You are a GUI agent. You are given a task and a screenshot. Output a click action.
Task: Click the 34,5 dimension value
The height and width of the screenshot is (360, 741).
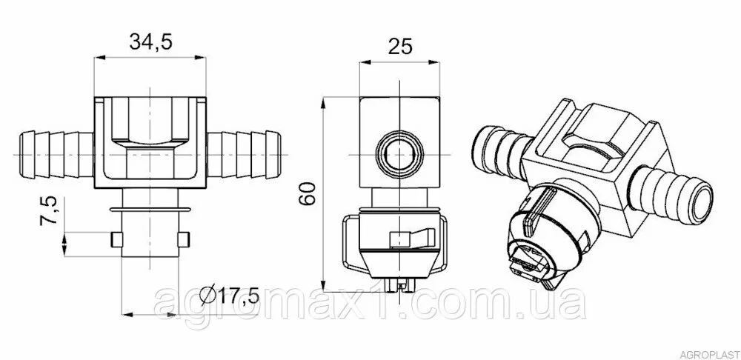coord(150,41)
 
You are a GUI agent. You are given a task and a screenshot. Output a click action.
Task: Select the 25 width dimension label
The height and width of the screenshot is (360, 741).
coord(400,46)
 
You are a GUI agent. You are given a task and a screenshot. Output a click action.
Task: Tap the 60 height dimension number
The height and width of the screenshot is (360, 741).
coord(308,193)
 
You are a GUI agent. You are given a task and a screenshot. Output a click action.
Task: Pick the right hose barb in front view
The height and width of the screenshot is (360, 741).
coord(245,155)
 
